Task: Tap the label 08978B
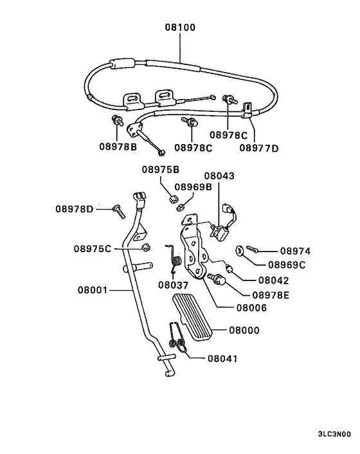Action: [118, 147]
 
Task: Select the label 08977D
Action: [260, 147]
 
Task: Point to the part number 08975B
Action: [161, 170]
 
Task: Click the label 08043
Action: [219, 175]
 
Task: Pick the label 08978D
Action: [74, 209]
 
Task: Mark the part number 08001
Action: [92, 291]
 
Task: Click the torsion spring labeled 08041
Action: [177, 341]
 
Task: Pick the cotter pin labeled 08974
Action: [253, 250]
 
